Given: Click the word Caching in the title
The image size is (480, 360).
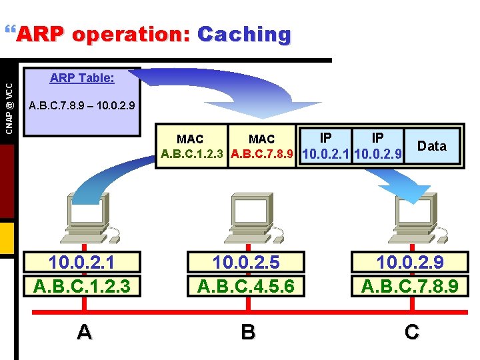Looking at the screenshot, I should [x=244, y=34].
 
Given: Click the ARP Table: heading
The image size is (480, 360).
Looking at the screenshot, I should [x=82, y=78].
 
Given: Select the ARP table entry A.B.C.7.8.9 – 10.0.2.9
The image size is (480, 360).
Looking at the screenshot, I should [x=82, y=105].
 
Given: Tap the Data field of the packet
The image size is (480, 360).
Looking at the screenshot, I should [x=431, y=146].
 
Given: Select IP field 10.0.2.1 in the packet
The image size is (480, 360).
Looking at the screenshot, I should [x=326, y=146].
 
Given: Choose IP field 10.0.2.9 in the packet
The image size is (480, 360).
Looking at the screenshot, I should [x=378, y=146].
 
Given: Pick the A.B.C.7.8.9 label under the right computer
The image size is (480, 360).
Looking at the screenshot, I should [x=410, y=285].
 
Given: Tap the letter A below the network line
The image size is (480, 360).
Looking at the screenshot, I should [x=84, y=331].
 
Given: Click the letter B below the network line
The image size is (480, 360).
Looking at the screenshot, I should [x=248, y=331].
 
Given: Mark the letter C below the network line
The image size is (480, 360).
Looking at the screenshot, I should [x=411, y=331].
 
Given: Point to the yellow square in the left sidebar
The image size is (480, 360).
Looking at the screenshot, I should [x=7, y=239].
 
